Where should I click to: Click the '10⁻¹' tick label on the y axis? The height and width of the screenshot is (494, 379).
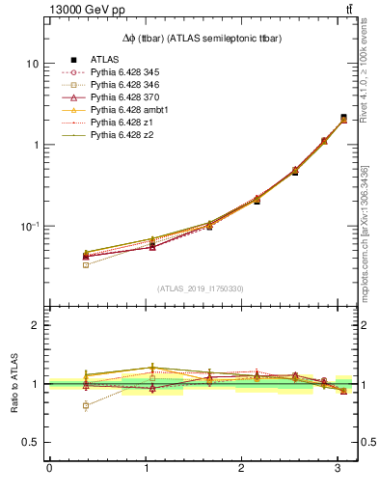point(29,226)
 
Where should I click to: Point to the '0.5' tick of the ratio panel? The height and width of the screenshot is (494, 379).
point(31,442)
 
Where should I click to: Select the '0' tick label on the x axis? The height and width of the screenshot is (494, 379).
point(49,468)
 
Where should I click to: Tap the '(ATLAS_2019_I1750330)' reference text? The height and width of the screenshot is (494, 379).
point(200,288)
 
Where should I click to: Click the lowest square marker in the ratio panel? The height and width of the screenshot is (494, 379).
point(86,406)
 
